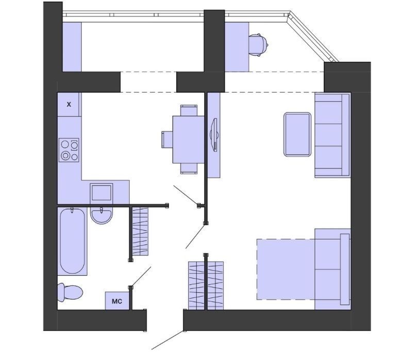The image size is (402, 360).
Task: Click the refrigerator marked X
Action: coord(68,104)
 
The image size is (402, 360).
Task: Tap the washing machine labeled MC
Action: coord(117,301)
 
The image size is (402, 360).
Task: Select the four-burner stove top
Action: coord(69,150)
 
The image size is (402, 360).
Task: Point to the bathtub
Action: coord(72,241)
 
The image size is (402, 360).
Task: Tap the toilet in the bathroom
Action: coord(70,293)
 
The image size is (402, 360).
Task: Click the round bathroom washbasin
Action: coord(101,215)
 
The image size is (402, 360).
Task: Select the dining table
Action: coord(189,140)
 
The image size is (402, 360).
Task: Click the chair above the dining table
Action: coord(189,110)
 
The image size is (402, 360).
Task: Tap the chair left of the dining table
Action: coord(167,140)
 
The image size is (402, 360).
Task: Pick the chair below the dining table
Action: coord(189,168)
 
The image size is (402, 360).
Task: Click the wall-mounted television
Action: coord(214,135)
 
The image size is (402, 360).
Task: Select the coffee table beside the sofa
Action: coord(297,134)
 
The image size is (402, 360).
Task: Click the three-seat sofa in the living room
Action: coord(332,135)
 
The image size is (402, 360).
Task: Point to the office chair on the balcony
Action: coord(258,45)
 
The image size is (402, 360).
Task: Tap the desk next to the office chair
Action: coord(237,47)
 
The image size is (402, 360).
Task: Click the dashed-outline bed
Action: coord(303,269)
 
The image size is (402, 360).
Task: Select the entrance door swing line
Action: coord(168,340)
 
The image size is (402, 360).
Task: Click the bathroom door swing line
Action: coord(141,277)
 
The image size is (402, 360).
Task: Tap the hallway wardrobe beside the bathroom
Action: coord(140,232)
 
